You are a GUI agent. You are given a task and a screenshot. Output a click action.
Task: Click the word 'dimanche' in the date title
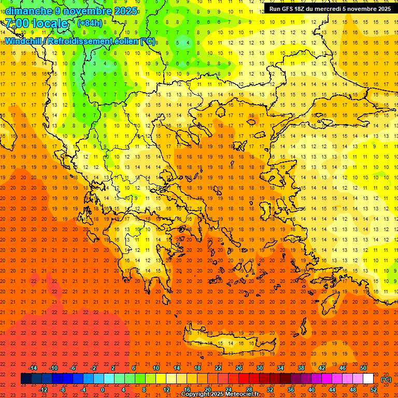(x=29, y=11)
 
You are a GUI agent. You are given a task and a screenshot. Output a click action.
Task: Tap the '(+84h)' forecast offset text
(x=90, y=23)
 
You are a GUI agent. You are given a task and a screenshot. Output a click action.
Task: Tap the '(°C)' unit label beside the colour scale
(x=386, y=379)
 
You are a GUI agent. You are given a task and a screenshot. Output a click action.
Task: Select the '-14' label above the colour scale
(x=33, y=368)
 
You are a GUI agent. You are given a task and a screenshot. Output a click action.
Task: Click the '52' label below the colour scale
(x=374, y=389)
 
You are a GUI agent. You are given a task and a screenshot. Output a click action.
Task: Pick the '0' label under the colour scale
(x=103, y=389)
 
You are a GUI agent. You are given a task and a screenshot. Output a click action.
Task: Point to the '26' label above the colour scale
(x=239, y=368)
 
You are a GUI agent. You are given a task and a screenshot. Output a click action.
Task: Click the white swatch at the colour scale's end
(x=368, y=379)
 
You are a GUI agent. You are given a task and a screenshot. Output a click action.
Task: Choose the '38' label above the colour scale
(x=301, y=368)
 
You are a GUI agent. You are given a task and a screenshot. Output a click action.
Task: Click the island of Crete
(x=228, y=344)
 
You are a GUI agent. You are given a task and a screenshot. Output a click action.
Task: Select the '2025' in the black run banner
(x=383, y=9)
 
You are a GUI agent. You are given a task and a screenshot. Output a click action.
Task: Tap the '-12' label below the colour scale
(x=43, y=389)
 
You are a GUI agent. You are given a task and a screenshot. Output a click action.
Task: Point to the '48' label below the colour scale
(x=353, y=389)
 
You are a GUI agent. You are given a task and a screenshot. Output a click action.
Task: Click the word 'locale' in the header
(x=50, y=24)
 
